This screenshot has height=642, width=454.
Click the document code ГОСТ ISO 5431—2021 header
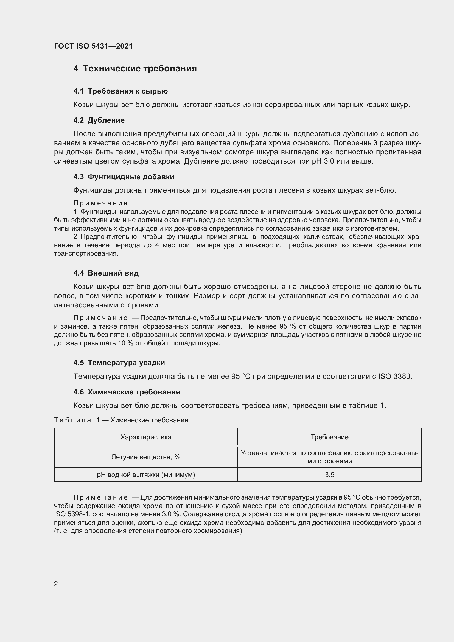click(x=93, y=46)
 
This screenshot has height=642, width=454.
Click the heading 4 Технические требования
click(x=135, y=69)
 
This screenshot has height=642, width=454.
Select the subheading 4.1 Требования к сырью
click(x=120, y=91)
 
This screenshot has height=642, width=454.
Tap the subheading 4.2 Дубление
click(x=99, y=120)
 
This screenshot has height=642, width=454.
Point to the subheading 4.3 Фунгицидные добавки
click(x=124, y=177)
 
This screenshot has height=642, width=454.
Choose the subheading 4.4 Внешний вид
click(x=106, y=273)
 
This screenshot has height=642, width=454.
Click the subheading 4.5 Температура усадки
click(x=119, y=363)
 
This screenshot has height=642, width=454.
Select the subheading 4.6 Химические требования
click(x=127, y=392)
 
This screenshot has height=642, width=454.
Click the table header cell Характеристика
click(x=146, y=437)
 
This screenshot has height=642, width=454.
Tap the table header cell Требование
click(x=330, y=437)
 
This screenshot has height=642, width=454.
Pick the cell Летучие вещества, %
click(x=146, y=457)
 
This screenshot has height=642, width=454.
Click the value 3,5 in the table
click(x=330, y=475)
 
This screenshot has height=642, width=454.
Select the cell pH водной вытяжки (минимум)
click(x=146, y=475)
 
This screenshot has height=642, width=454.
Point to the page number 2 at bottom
click(x=56, y=584)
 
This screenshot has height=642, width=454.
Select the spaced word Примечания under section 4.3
click(x=100, y=203)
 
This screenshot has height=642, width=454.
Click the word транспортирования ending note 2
click(x=86, y=254)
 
